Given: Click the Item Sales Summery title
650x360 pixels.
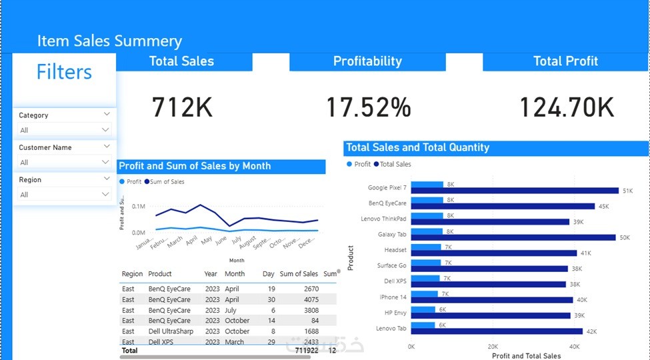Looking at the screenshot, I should (x=109, y=41).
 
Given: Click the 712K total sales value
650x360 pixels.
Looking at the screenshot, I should (x=182, y=107).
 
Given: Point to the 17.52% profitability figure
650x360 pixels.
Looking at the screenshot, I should (x=368, y=107).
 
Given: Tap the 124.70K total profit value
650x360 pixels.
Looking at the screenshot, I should (x=566, y=107).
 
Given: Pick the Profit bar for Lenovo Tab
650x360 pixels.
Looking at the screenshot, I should (x=423, y=325).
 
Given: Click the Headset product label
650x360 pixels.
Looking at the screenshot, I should (x=395, y=251).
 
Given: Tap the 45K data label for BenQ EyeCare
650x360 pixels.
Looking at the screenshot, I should (x=604, y=207).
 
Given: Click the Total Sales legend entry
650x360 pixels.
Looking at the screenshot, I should (x=395, y=164).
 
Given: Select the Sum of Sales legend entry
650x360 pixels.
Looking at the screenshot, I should (x=167, y=181).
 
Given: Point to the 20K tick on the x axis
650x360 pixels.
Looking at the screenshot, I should (x=493, y=347).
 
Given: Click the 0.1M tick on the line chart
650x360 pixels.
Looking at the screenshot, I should (x=139, y=207).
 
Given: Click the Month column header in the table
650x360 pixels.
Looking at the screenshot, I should (x=235, y=274).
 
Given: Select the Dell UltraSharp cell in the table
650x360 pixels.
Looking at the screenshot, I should (x=170, y=331).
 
